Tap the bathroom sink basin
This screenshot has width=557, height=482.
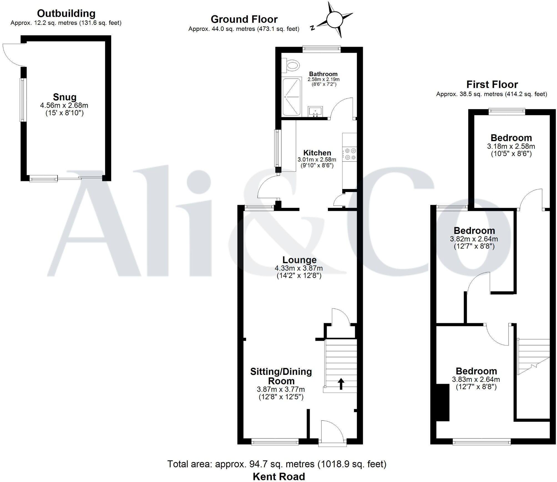(x=315, y=112)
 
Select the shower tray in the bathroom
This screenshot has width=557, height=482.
(x=292, y=97)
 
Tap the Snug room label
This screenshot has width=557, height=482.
(x=65, y=97)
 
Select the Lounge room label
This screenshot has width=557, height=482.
(x=299, y=260)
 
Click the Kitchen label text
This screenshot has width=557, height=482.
(x=317, y=153)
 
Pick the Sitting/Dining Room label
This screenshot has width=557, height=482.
(x=281, y=376)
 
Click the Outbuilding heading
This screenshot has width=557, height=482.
(x=66, y=13)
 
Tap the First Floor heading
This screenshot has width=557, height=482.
(x=492, y=84)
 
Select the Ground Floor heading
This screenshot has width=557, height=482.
(x=244, y=19)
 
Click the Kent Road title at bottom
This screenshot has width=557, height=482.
(x=279, y=476)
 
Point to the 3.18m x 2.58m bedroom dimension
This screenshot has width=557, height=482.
(x=511, y=146)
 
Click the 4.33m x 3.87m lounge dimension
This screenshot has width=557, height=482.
(x=299, y=268)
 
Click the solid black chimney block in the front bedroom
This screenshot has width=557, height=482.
(x=443, y=403)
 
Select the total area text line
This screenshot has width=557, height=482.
(x=277, y=464)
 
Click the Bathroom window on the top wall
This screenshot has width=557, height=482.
(x=321, y=49)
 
